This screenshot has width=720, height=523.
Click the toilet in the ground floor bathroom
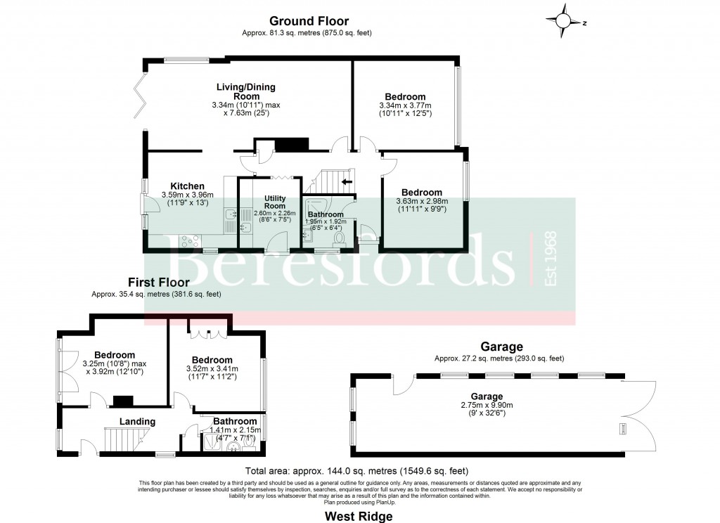pos(338,238)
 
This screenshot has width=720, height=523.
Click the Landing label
pos(137,422)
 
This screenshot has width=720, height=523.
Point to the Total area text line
pos(356,471)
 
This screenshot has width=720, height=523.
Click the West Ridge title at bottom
pos(358,517)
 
